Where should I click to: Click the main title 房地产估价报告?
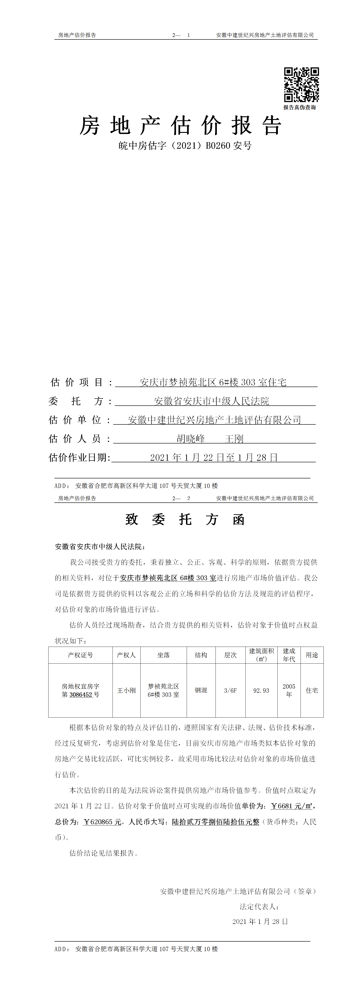180,126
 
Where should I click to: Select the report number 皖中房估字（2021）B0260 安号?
185,146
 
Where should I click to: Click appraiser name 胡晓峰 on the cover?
191,438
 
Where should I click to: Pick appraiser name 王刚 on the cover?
234,438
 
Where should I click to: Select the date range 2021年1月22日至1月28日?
214,457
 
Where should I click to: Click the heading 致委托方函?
185,519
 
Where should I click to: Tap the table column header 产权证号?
80,655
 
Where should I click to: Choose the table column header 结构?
201,655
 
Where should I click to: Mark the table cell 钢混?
201,690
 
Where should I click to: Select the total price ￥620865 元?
102,822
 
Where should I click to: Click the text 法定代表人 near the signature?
259,906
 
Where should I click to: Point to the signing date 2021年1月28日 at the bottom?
260,921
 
